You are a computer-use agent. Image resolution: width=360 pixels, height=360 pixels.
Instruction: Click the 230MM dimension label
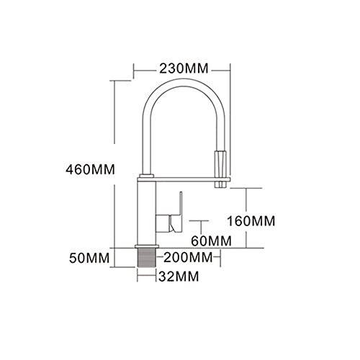click(184, 68)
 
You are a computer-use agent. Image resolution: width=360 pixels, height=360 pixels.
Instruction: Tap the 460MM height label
click(91, 170)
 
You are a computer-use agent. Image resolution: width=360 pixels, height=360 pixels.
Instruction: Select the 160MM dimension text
click(251, 221)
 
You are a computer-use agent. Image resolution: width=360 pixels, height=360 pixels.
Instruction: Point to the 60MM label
click(211, 240)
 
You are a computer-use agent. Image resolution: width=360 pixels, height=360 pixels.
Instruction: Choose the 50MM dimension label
click(89, 258)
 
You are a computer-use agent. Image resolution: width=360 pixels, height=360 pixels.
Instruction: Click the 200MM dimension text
click(188, 258)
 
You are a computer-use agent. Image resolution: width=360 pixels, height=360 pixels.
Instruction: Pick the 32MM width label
click(179, 276)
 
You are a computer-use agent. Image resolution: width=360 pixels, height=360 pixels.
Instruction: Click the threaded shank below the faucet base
click(147, 257)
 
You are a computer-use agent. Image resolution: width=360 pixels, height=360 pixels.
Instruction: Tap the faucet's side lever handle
click(176, 212)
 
